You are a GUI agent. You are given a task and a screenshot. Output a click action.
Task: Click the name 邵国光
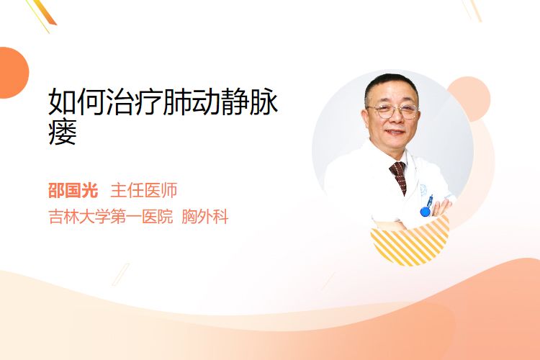73,191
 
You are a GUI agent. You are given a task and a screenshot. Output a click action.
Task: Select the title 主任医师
143,191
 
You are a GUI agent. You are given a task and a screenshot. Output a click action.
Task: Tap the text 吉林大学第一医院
111,217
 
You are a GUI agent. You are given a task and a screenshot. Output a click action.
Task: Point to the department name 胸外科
205,217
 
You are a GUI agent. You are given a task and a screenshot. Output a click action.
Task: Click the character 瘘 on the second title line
63,132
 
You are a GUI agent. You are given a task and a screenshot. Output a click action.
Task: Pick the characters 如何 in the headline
77,102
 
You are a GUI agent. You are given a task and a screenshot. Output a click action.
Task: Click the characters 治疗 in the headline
135,102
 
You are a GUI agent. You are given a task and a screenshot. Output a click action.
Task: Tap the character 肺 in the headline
177,102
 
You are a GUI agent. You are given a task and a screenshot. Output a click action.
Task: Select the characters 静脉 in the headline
249,102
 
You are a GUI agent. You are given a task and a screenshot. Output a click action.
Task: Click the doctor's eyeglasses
393,112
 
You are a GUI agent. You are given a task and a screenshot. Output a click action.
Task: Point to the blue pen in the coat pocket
427,206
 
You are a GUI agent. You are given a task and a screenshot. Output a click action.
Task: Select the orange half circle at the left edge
13,73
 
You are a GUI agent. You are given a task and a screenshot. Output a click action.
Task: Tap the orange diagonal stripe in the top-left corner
45,13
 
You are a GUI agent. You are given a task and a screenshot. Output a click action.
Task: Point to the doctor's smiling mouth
395,132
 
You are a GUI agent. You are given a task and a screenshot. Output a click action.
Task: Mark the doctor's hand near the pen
441,208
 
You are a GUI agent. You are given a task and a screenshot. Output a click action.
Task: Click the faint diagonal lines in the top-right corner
472,10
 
